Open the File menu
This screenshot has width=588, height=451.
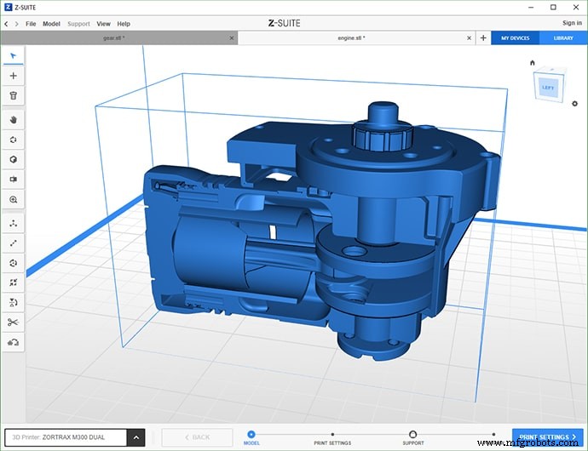point(31,24)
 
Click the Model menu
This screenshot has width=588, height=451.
point(52,24)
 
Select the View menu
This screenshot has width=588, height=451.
point(103,24)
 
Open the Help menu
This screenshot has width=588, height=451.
point(124,24)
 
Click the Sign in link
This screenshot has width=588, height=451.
point(572,24)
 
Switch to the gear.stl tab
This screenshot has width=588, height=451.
point(113,38)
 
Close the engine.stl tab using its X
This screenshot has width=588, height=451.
point(468,38)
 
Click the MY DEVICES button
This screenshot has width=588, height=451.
point(515,38)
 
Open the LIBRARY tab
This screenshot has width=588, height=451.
point(563,38)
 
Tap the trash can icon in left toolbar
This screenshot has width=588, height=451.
point(14,96)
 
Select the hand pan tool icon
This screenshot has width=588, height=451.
point(14,119)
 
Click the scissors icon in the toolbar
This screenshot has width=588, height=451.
point(14,322)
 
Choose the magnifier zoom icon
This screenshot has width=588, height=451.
point(14,199)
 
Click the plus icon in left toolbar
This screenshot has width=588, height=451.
point(14,76)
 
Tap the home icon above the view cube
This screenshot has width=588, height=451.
point(533,63)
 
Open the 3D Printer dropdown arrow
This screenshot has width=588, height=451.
point(135,437)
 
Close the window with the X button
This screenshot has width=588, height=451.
point(575,7)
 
